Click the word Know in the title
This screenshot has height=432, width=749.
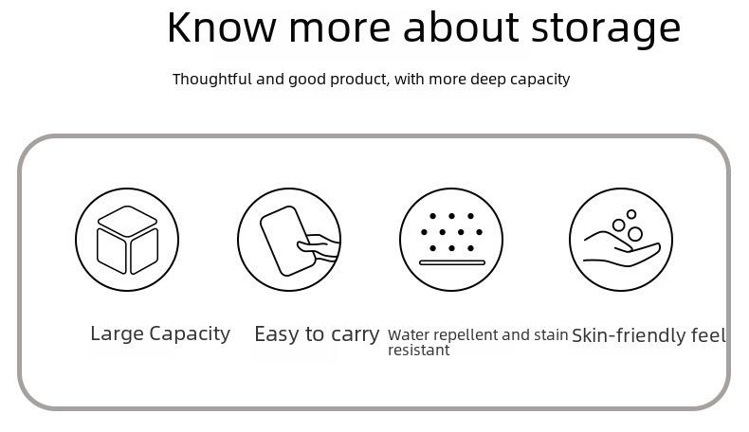pos(221,27)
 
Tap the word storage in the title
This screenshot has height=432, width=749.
pos(606,29)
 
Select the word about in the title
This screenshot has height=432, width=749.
pos(461,27)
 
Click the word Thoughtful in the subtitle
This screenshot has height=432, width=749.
pos(211,79)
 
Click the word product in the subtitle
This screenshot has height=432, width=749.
pos(359,80)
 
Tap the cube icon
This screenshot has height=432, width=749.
pos(127,240)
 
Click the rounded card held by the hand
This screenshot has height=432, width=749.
pos(287,241)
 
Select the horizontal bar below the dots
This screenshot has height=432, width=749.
pos(452,262)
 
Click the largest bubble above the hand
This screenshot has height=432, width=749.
pos(635,234)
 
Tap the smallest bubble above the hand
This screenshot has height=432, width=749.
pos(631,214)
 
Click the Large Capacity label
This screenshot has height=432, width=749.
pos(160,334)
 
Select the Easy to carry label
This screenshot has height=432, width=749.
pos(317,334)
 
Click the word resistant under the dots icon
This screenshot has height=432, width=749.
pos(418,351)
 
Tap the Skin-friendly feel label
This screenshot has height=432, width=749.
pos(649,335)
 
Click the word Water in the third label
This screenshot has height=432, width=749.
pos(404,335)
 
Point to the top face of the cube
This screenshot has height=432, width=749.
pos(127,221)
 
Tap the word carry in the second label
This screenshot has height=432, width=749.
pos(356,335)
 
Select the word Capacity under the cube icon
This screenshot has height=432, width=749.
pos(190,334)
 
